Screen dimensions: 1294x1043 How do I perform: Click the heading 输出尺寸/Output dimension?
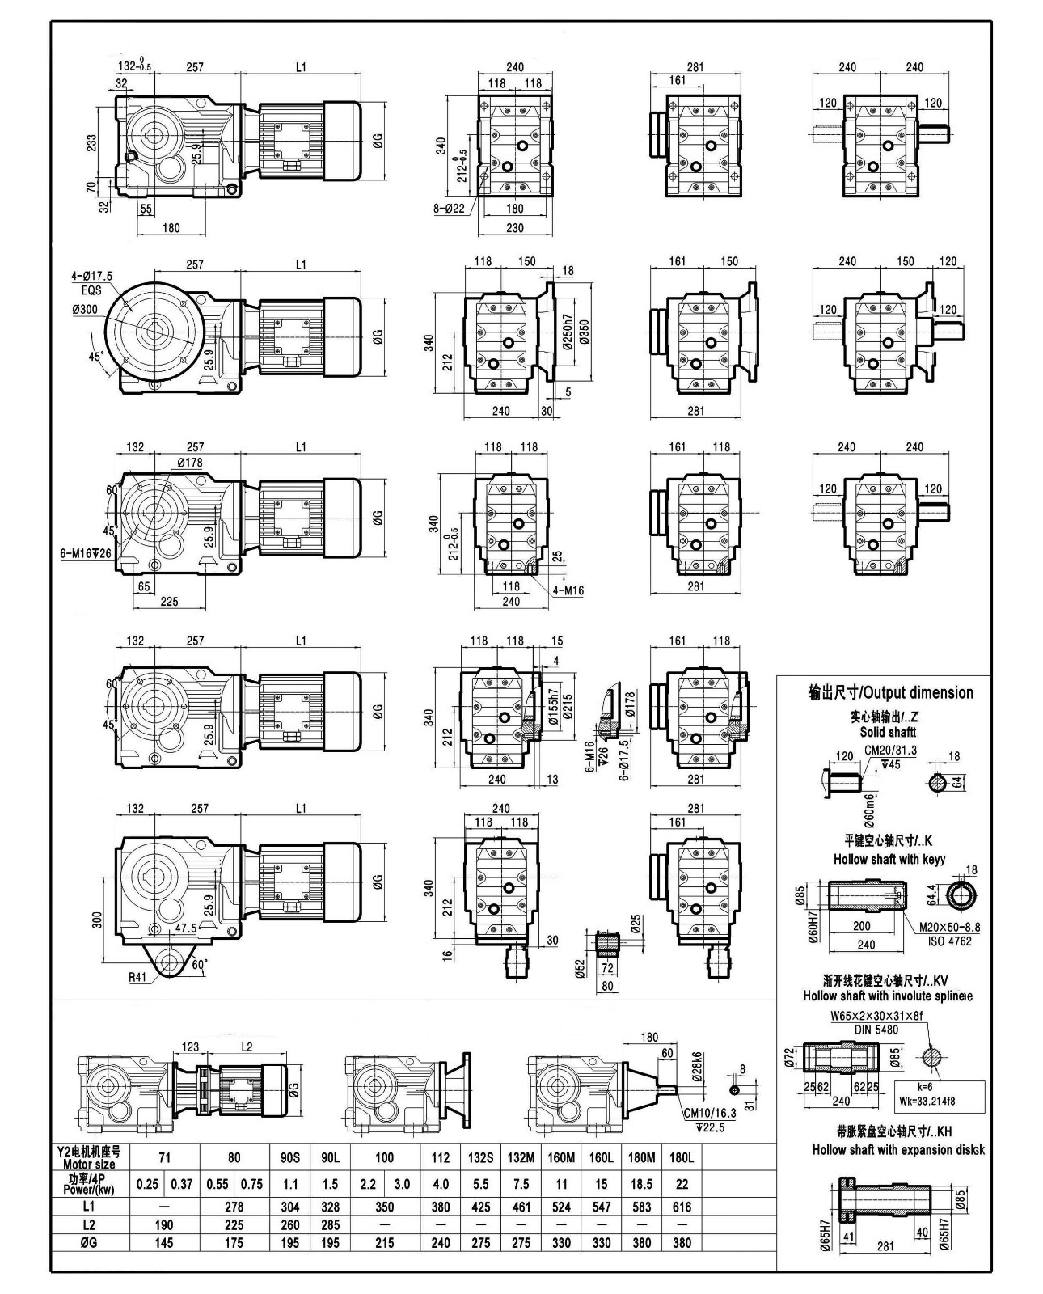tap(891, 692)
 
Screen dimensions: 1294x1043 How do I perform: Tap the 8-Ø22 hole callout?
tap(450, 208)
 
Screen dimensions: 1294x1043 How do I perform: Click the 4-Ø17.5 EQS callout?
tap(91, 282)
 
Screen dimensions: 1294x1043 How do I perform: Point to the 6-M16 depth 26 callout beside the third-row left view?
tap(85, 553)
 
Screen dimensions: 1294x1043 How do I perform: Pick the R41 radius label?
tap(137, 976)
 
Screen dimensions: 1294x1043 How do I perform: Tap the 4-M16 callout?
tap(568, 590)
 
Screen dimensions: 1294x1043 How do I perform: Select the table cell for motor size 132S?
tap(480, 1157)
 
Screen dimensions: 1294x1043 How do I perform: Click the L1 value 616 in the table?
tap(682, 1207)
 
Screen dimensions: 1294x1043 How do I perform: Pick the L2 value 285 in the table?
tap(330, 1224)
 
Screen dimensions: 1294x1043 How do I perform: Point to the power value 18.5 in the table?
tap(641, 1184)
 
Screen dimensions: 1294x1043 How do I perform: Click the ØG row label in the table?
tap(88, 1243)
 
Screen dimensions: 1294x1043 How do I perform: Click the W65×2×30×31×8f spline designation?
tap(876, 1017)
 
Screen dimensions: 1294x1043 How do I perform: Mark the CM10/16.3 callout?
tap(709, 1114)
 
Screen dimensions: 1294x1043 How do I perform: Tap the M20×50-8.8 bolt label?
tap(949, 927)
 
